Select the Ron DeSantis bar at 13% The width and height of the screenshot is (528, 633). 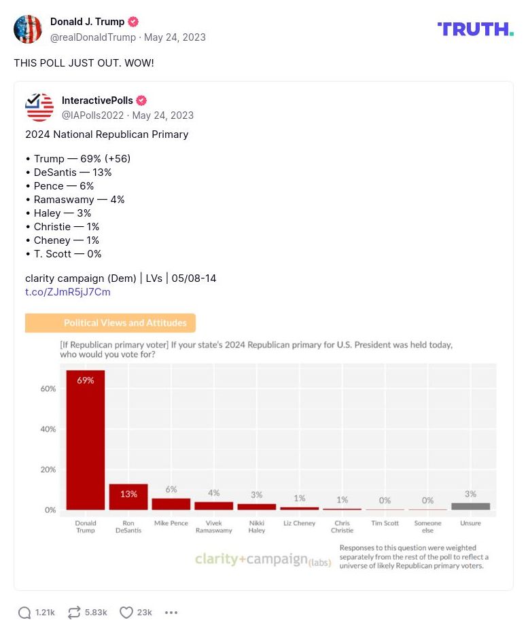128,496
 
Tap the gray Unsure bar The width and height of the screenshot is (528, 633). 470,506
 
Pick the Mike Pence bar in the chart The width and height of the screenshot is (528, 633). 171,504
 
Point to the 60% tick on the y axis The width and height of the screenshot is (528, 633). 48,389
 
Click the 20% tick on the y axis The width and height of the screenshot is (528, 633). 48,469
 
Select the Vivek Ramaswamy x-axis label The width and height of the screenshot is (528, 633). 213,527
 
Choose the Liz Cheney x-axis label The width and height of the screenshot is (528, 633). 299,524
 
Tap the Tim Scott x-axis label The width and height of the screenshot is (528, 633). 385,524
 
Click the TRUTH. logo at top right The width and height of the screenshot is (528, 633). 475,29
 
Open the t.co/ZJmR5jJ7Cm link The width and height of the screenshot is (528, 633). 67,292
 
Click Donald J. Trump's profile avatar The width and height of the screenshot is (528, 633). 28,29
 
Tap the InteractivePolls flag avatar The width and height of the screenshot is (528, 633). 39,107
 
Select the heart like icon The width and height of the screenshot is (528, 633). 126,613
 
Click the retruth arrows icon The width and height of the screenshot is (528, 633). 74,613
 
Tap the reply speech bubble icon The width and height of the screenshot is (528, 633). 24,613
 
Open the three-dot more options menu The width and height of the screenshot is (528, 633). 171,613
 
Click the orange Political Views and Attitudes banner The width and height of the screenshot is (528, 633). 110,323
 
